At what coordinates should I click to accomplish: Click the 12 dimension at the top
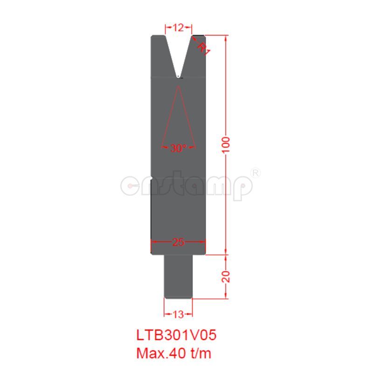[x=178, y=28]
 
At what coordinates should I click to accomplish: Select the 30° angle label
[x=178, y=148]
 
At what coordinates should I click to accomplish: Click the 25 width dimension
[x=178, y=242]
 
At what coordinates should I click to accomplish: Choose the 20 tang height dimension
[x=226, y=276]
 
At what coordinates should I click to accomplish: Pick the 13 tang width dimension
[x=178, y=314]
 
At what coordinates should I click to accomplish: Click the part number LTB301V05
[x=177, y=335]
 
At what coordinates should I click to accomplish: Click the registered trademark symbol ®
[x=256, y=173]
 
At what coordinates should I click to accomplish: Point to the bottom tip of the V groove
[x=179, y=76]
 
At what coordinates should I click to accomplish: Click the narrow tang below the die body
[x=179, y=275]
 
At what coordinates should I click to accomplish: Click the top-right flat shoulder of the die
[x=198, y=36]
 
